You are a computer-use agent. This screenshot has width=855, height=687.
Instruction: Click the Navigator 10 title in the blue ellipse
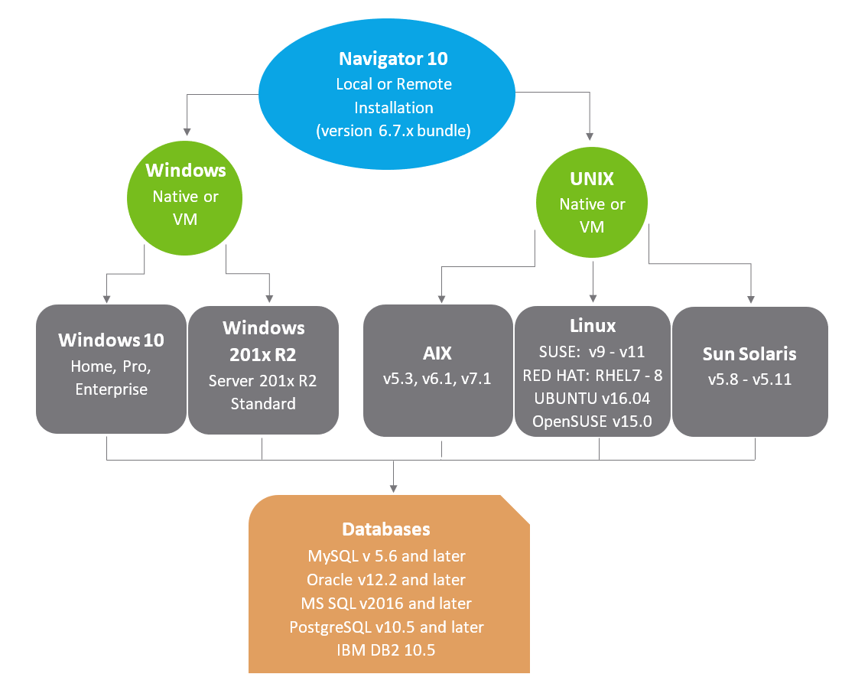click(394, 59)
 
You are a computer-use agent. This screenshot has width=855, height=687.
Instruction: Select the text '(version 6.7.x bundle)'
click(394, 131)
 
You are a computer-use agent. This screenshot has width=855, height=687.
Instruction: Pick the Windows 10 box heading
click(111, 339)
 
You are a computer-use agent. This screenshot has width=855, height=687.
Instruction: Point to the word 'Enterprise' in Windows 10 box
click(111, 389)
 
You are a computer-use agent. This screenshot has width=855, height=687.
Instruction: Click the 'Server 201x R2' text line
click(263, 381)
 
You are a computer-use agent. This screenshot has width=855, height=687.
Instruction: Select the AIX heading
click(437, 353)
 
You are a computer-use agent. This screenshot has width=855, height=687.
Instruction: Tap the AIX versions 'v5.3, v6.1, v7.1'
click(437, 379)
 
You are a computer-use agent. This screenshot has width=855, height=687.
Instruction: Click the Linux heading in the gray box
click(593, 326)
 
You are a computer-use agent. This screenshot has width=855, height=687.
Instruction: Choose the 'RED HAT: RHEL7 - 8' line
click(593, 376)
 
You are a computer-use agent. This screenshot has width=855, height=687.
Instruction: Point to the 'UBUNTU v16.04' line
click(593, 399)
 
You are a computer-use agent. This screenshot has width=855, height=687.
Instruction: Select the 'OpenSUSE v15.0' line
click(593, 422)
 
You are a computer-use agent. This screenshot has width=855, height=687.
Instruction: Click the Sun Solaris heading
click(749, 353)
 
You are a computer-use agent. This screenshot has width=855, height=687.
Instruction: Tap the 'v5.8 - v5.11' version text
click(749, 379)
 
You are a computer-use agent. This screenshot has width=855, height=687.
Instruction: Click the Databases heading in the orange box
click(385, 529)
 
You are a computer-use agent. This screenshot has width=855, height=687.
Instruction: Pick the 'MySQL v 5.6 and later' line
click(386, 555)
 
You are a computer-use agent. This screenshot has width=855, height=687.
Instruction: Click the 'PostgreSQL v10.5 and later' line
click(386, 627)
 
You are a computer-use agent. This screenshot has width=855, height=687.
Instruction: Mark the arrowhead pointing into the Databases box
click(393, 487)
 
